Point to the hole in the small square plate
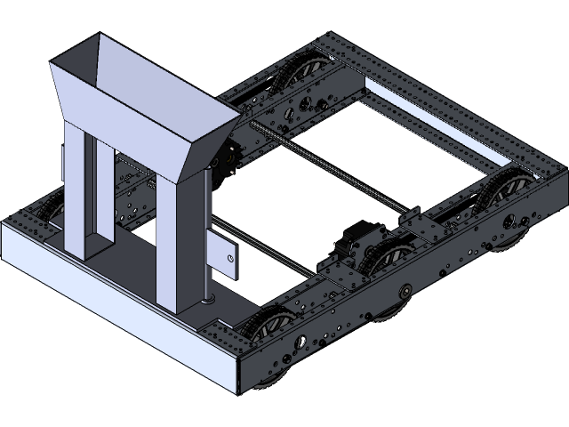[230, 259]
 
